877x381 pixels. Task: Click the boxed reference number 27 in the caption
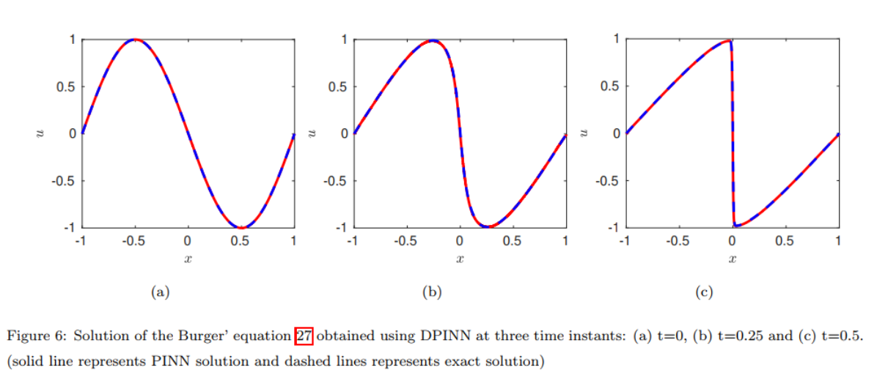[304, 336]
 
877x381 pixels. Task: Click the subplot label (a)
[159, 292]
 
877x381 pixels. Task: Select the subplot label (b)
[432, 292]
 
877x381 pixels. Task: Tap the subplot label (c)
[704, 292]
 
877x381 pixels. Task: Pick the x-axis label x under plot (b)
[459, 259]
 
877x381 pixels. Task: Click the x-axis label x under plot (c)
[732, 259]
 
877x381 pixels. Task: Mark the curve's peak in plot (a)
[134, 40]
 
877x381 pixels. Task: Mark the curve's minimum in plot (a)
[241, 227]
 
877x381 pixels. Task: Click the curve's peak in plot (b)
[433, 40]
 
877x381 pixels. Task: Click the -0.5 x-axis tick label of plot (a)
[134, 240]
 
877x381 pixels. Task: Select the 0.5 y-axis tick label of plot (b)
[338, 86]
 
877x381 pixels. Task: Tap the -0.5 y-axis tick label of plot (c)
[609, 180]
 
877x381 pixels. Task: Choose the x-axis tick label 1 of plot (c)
[838, 240]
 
